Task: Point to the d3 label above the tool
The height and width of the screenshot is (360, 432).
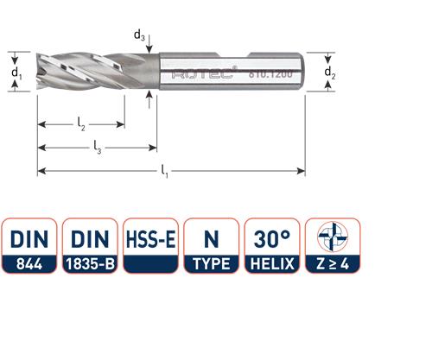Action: [x=139, y=35]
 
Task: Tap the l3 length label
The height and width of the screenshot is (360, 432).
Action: [x=97, y=150]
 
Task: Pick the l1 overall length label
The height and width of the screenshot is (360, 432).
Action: [x=164, y=174]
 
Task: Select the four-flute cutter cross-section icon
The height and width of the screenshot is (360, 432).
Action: [x=333, y=237]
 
